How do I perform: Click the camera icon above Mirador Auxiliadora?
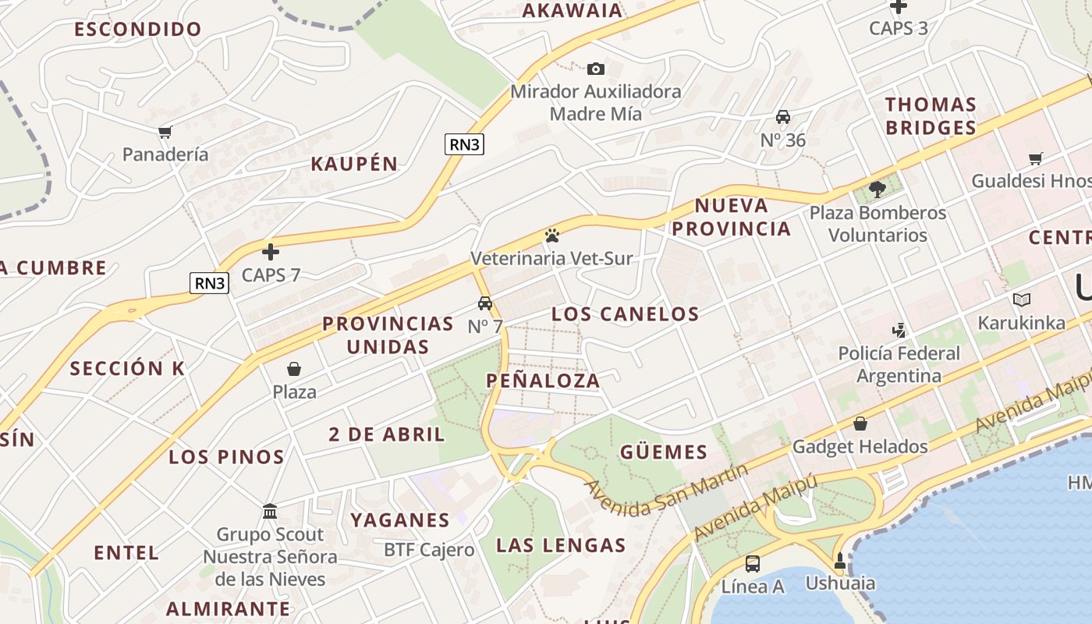595,69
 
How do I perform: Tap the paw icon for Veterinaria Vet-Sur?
552,235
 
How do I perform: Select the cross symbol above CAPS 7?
271,252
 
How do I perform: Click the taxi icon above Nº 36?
783,117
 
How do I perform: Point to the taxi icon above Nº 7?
485,303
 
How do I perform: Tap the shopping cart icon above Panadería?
165,132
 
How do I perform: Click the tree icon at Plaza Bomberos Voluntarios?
877,189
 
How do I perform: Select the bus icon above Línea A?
753,563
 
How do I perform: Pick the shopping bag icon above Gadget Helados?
860,424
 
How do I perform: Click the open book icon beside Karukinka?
1021,300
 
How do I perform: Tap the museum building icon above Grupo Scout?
270,512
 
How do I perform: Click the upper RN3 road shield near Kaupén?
464,144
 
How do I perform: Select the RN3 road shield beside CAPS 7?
209,283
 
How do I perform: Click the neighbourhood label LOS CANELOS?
626,314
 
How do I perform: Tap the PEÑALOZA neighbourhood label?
544,381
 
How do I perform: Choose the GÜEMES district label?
664,452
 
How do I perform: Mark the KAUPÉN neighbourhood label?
354,164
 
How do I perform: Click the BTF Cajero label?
429,550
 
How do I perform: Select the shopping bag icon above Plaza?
294,368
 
